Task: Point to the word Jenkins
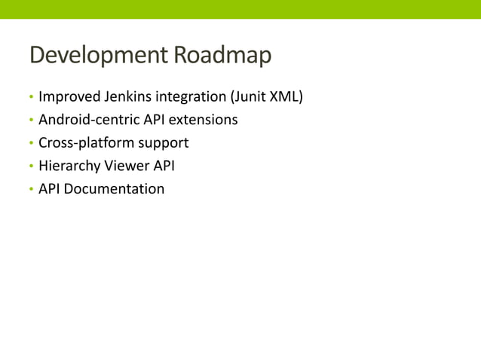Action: [x=127, y=97]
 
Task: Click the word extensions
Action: [x=205, y=120]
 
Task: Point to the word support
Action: [x=161, y=143]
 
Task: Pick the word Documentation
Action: [x=114, y=188]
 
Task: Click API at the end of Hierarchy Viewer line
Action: [x=164, y=166]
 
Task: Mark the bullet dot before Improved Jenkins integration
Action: [x=31, y=98]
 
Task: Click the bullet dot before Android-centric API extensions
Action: [x=31, y=121]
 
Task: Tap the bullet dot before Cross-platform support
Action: [x=31, y=143]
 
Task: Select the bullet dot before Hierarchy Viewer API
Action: [x=31, y=166]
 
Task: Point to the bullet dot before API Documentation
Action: [x=31, y=189]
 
